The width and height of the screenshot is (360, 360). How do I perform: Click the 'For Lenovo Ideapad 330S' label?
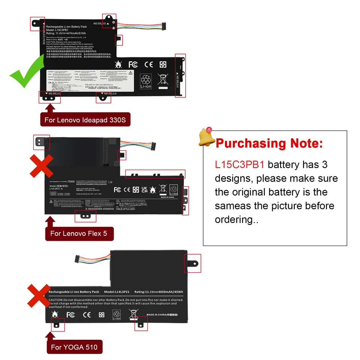[85, 120]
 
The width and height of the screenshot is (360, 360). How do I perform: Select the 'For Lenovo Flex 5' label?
[79, 233]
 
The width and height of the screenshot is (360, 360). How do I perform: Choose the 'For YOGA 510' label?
[74, 347]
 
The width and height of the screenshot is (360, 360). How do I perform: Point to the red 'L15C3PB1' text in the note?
[239, 165]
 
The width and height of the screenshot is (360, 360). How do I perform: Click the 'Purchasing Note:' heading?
[269, 143]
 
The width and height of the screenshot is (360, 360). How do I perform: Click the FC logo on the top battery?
[133, 64]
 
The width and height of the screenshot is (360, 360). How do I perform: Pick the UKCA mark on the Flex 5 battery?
[144, 189]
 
